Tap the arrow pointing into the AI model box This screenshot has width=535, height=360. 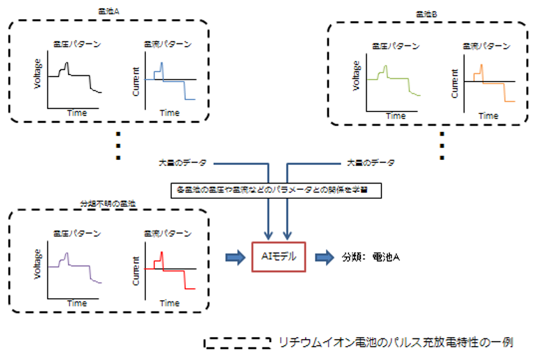[236, 257]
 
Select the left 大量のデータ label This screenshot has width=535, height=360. [182, 162]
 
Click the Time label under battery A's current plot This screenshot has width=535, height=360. [169, 113]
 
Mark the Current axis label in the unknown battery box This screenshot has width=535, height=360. [136, 269]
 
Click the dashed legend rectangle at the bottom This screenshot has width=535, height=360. [237, 342]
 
